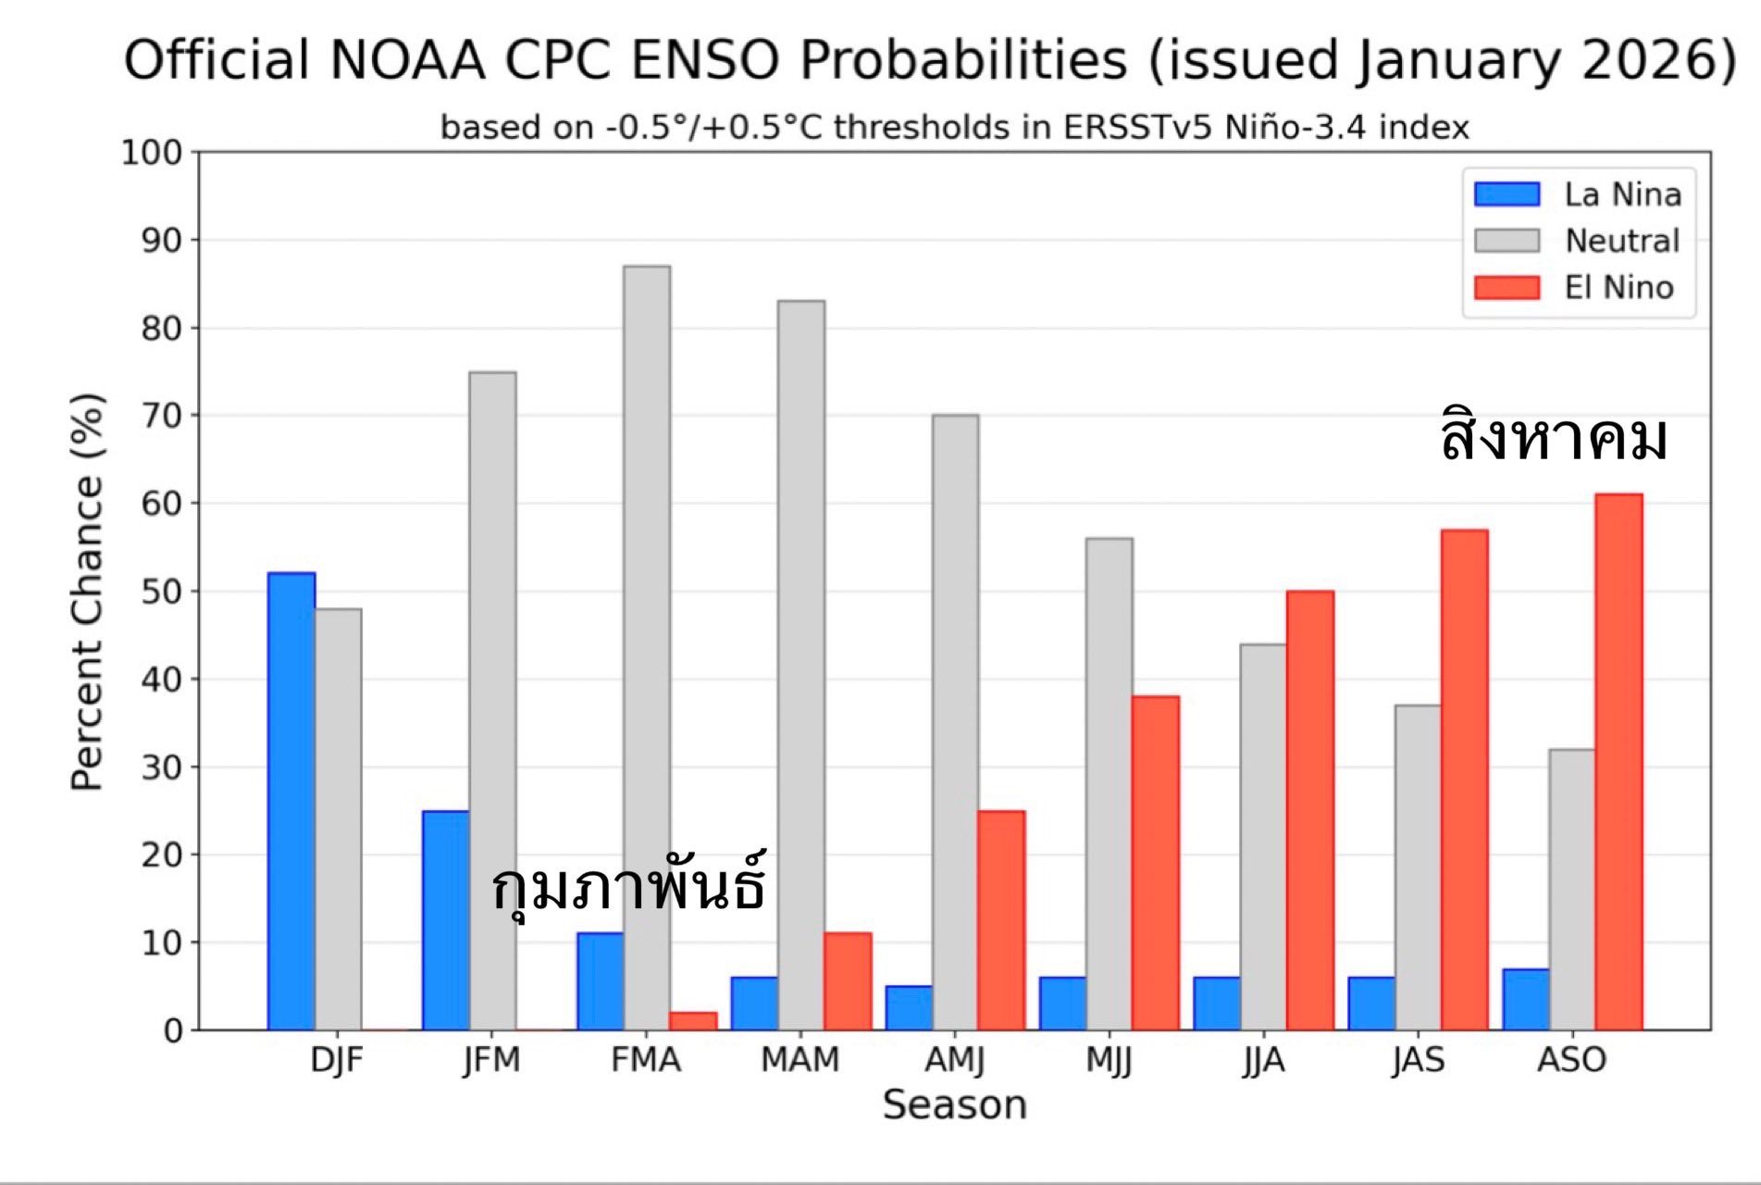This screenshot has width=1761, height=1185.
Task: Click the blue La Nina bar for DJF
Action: coord(291,801)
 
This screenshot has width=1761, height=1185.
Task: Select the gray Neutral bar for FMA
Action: coord(647,648)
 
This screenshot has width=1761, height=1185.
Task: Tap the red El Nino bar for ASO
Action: coord(1618,761)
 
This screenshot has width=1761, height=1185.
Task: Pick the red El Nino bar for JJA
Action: coord(1309,810)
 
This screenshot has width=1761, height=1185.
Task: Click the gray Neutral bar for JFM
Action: coord(492,701)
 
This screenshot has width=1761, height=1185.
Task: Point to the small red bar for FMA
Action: coord(693,1020)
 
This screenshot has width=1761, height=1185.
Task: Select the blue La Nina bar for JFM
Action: coord(445,920)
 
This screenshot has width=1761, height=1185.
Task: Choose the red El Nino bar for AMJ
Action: coord(1001,920)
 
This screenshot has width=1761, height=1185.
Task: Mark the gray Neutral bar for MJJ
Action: coord(1109,784)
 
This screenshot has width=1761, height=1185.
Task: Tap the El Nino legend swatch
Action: coord(1507,288)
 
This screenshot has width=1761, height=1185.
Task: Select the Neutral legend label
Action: coord(1621,241)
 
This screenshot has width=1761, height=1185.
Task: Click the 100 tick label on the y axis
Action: coord(153,153)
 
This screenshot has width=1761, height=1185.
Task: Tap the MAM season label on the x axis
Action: coord(800,1059)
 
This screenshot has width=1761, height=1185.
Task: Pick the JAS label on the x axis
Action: coord(1418,1059)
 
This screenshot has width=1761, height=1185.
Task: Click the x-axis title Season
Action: coord(954,1105)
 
